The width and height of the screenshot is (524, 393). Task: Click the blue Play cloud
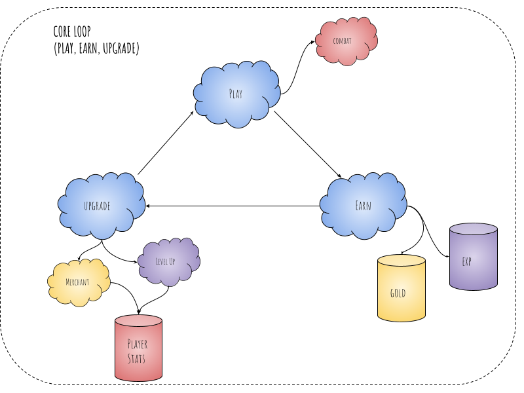point(234,94)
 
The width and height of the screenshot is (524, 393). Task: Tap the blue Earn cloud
point(363,205)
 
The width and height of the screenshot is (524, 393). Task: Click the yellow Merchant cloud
point(78,282)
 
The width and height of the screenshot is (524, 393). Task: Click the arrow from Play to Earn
point(308,145)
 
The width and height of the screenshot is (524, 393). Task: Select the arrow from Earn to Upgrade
point(233,206)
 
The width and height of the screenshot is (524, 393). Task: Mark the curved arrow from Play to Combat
point(299,65)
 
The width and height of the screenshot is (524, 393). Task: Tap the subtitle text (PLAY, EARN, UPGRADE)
point(96,48)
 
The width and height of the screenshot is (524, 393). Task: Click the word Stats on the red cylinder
point(136,359)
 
